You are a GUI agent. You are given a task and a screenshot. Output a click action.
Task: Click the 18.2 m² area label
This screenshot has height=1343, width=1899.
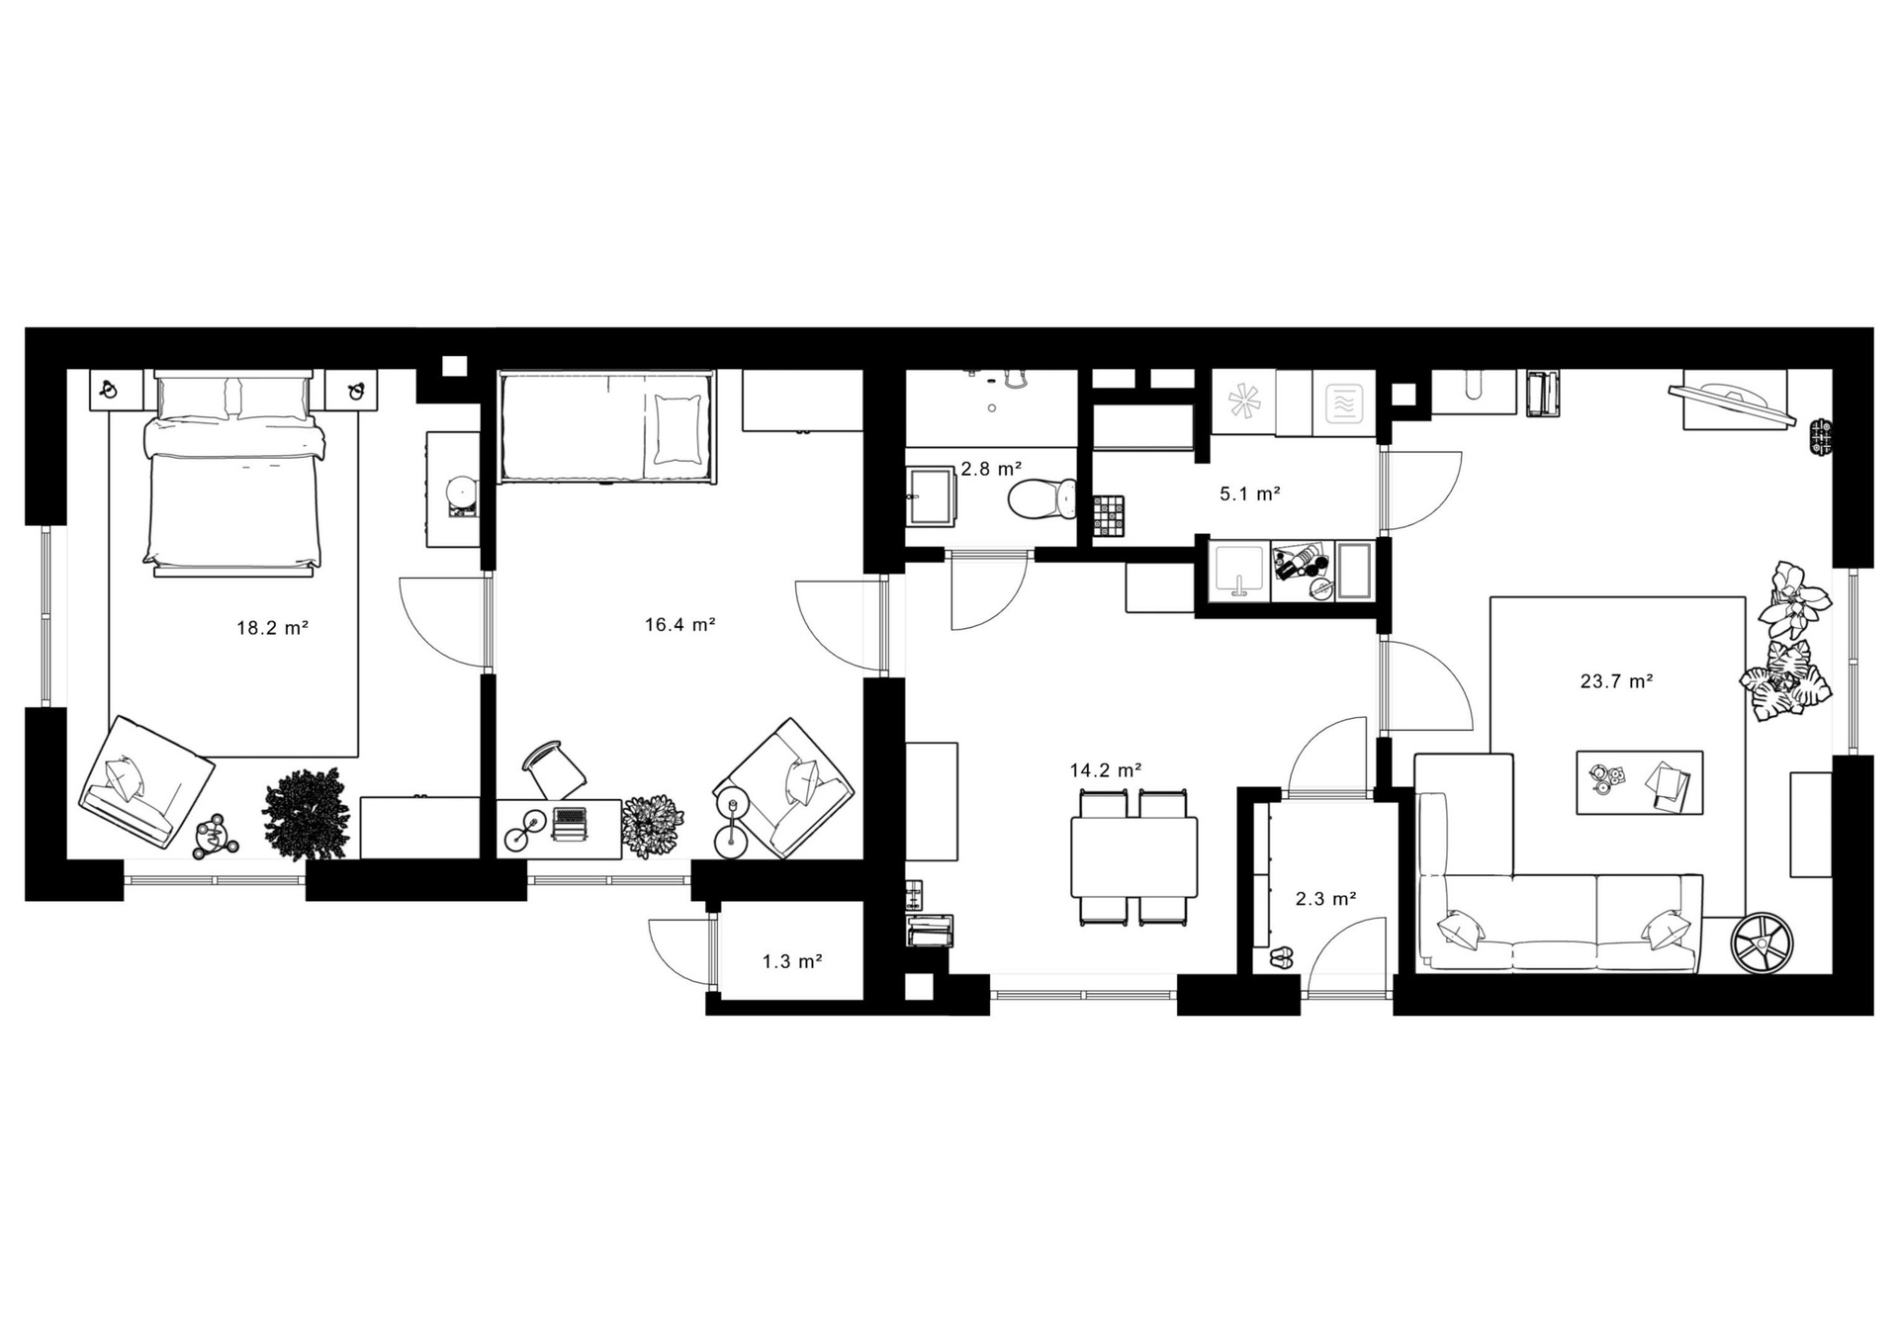click(272, 628)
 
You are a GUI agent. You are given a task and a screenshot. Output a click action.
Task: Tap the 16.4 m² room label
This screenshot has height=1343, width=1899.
click(679, 625)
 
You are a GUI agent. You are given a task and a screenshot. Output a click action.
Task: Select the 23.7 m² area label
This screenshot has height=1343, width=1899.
click(1617, 681)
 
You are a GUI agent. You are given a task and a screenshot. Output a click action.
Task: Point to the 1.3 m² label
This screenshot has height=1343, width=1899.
click(792, 961)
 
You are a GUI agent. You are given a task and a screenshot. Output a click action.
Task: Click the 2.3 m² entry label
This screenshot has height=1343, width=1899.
click(1325, 899)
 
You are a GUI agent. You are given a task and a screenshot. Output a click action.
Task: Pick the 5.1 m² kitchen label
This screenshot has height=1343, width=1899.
click(1250, 494)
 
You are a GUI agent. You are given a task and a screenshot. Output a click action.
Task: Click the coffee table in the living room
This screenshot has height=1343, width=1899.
click(1639, 782)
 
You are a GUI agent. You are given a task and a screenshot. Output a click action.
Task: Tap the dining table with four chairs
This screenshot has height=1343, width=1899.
click(1133, 856)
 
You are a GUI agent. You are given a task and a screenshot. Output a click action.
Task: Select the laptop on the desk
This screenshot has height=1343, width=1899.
click(569, 824)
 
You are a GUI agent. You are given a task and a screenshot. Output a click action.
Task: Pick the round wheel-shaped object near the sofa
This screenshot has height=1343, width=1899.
click(1762, 941)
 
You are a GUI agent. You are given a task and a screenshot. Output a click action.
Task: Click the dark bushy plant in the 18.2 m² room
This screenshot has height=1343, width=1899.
click(306, 814)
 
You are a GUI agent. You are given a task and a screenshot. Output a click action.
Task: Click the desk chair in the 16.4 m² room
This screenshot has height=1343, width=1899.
click(554, 769)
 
